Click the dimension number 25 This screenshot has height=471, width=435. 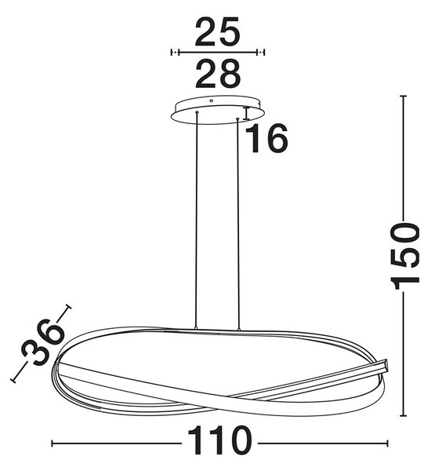tap(218, 31)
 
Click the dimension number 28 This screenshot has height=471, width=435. tap(218, 74)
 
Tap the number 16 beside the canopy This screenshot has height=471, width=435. tap(266, 138)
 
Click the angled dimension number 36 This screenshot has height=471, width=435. tap(43, 342)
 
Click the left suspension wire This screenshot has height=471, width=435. tap(197, 220)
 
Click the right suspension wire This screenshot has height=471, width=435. tap(238, 225)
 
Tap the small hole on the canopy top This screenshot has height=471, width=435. tap(211, 101)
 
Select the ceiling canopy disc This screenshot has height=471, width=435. tap(218, 110)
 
